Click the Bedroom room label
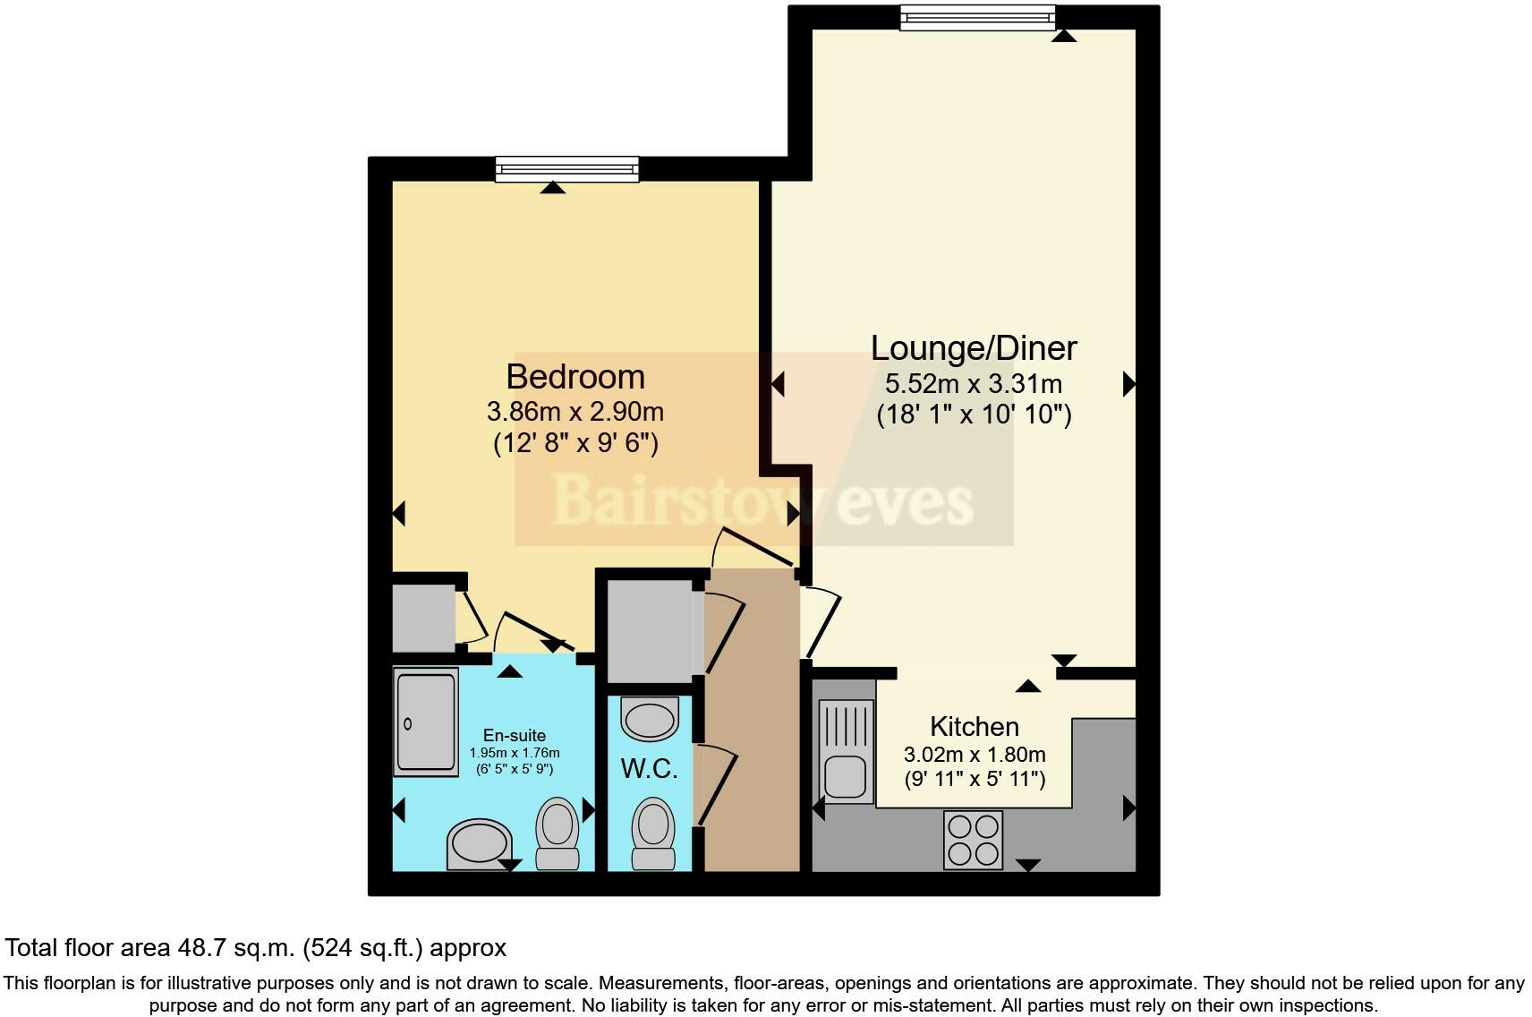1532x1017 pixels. pyautogui.click(x=575, y=377)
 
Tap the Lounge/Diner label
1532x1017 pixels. pyautogui.click(x=974, y=347)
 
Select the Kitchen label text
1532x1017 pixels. pyautogui.click(x=974, y=726)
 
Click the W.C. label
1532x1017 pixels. pyautogui.click(x=649, y=769)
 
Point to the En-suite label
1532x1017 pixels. pyautogui.click(x=514, y=735)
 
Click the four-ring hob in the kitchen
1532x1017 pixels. pyautogui.click(x=973, y=840)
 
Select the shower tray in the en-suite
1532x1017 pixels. pyautogui.click(x=427, y=722)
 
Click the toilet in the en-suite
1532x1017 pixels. pyautogui.click(x=557, y=832)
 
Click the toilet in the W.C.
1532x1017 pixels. pyautogui.click(x=652, y=833)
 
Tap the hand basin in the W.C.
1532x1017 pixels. pyautogui.click(x=650, y=718)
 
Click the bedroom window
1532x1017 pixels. pyautogui.click(x=567, y=168)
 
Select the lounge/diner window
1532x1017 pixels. pyautogui.click(x=977, y=17)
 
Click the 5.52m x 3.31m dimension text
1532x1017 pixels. pyautogui.click(x=974, y=384)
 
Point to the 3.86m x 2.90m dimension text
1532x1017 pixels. pyautogui.click(x=575, y=412)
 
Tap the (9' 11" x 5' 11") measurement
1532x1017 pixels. pyautogui.click(x=974, y=779)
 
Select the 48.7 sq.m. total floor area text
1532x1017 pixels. pyautogui.click(x=255, y=947)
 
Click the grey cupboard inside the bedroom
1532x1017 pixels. pyautogui.click(x=424, y=618)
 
